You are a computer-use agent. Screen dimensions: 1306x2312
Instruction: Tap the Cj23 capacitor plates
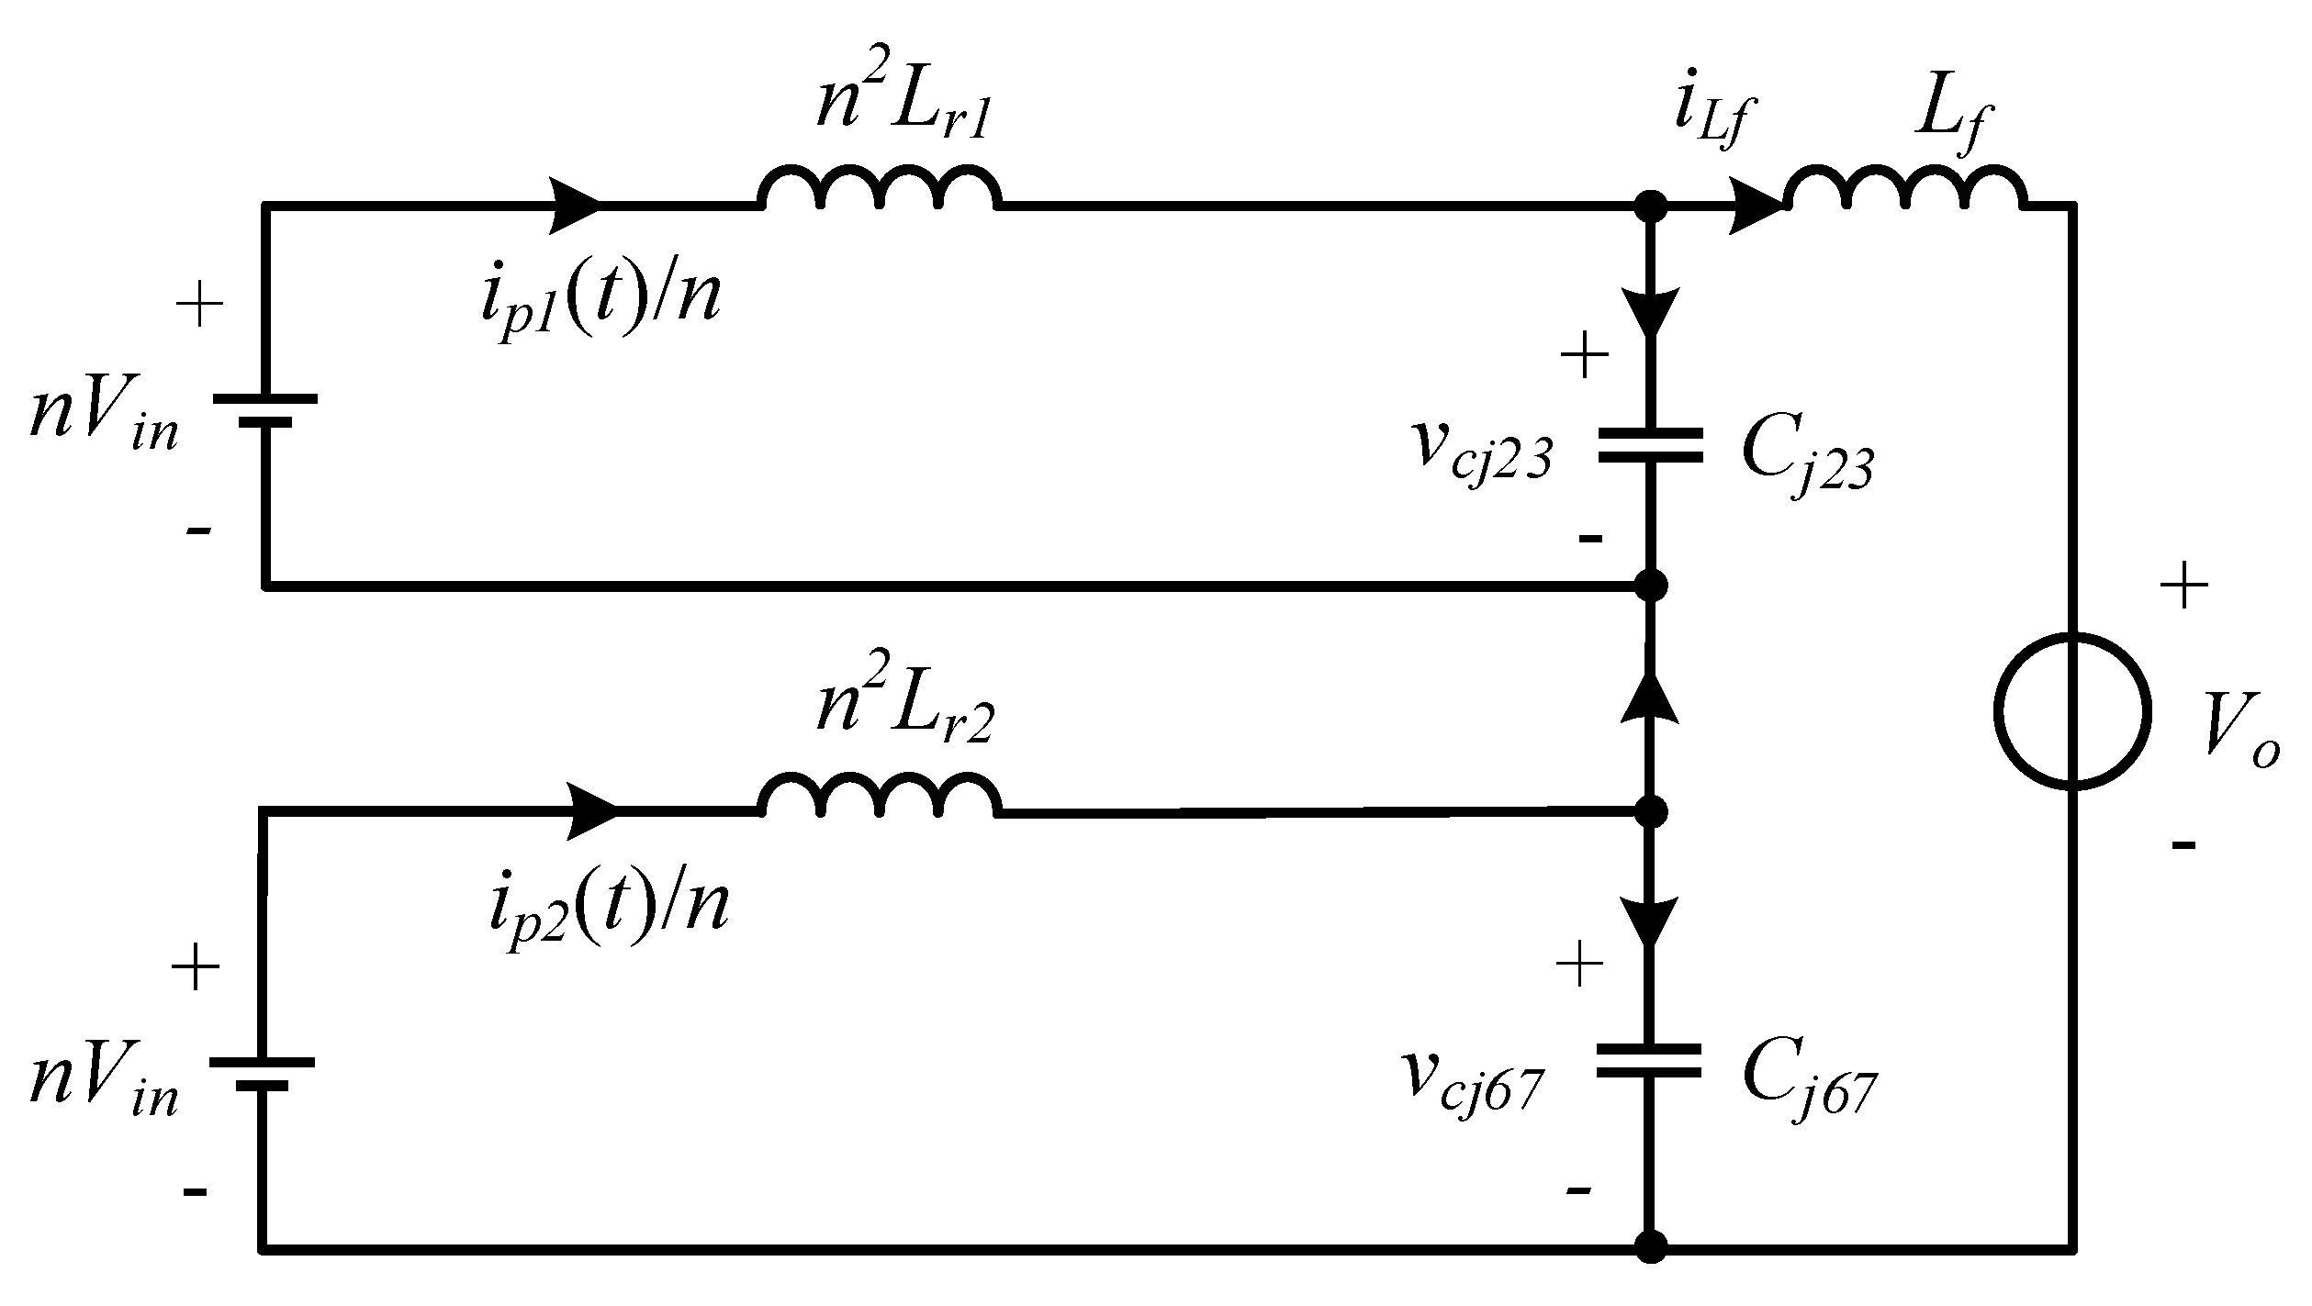click(1650, 446)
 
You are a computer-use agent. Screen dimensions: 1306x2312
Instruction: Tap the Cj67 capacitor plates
click(1650, 1061)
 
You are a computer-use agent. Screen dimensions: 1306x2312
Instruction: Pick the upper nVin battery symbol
click(265, 410)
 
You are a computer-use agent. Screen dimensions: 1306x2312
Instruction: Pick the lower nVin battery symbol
click(263, 1073)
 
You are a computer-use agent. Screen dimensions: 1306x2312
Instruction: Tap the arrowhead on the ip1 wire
click(576, 205)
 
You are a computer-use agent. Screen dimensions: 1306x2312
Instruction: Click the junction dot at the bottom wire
click(1650, 1246)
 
